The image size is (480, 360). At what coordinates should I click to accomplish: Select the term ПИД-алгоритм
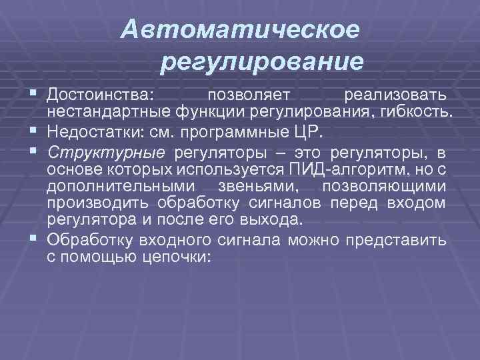tap(332, 166)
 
